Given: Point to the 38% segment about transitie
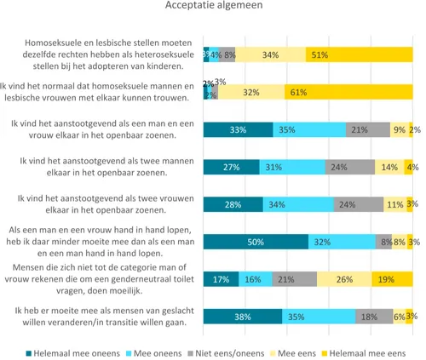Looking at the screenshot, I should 243,316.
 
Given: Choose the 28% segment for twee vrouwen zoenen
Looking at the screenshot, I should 233,204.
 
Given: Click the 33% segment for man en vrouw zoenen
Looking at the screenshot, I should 238,129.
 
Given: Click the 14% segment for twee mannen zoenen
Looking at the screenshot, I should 389,167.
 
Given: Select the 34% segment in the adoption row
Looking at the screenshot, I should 270,55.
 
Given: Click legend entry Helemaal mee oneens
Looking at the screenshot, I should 67,351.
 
